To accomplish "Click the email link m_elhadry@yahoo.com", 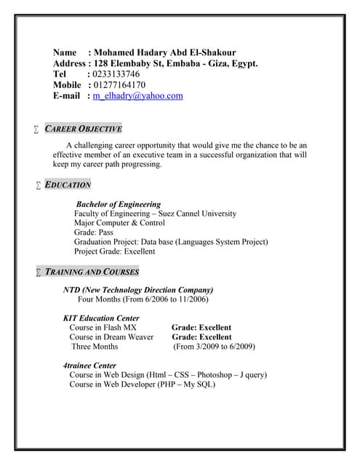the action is [x=137, y=95].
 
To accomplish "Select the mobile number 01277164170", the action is [x=119, y=84].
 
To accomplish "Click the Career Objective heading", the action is [x=83, y=129].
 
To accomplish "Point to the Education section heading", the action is [x=68, y=185].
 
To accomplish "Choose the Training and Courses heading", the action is [x=92, y=272].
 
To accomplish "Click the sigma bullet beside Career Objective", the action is [x=36, y=129].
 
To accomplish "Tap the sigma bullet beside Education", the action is [x=38, y=185].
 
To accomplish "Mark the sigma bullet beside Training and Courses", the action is [x=38, y=272].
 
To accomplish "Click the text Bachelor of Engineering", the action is [x=119, y=204].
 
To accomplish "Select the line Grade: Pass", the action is [x=98, y=232].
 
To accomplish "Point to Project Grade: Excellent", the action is [x=114, y=251].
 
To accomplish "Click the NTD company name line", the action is [x=138, y=289].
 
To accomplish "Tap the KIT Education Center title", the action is [x=101, y=318].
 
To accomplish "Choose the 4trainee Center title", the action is [x=89, y=365].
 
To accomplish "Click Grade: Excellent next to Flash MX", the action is [x=201, y=328].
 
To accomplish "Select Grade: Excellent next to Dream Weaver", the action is [x=201, y=337].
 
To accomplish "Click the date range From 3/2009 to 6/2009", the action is [x=214, y=347].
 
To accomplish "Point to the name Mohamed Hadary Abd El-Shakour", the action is [x=164, y=53].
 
